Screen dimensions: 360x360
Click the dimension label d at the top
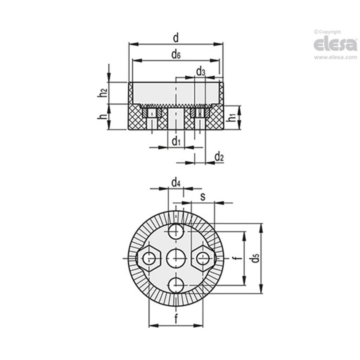pos(176,38)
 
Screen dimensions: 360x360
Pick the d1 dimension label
pos(176,141)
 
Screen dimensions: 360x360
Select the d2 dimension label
pos(219,157)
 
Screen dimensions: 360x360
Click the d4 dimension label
pos(176,183)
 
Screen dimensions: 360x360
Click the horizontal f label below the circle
pos(176,319)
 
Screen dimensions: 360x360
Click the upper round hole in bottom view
pos(176,231)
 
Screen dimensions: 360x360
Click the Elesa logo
pos(335,44)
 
